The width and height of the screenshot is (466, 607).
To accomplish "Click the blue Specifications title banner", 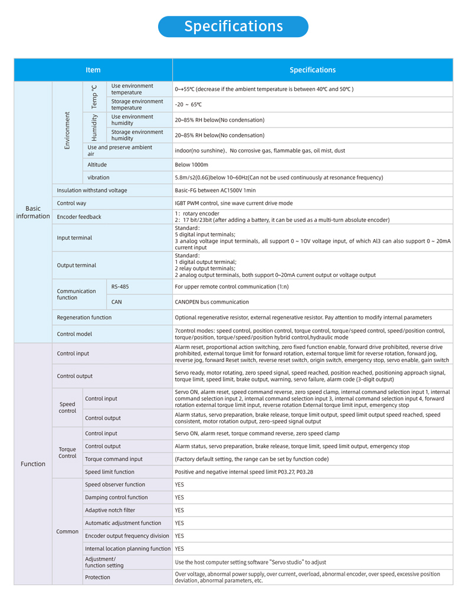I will click(x=233, y=27).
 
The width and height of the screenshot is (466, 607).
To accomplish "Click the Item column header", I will click(x=93, y=70).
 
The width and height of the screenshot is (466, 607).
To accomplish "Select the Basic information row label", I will click(x=33, y=213).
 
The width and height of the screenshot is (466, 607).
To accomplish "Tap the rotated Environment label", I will click(x=67, y=130).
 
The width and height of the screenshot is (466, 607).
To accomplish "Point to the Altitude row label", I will click(x=97, y=165).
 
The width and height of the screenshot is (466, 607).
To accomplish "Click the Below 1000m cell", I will click(x=192, y=165).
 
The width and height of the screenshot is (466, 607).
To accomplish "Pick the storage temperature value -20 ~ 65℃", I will click(x=188, y=105).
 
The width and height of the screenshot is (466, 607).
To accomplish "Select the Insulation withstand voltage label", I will click(x=92, y=190).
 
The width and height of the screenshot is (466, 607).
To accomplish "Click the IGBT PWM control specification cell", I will click(x=234, y=203).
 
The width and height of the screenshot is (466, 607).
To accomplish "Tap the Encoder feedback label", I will click(x=79, y=217).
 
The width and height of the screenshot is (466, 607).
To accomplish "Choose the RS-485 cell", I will click(x=120, y=286).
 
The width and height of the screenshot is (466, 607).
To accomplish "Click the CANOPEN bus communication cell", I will click(x=212, y=302).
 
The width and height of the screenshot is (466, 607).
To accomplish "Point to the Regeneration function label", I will click(x=84, y=318).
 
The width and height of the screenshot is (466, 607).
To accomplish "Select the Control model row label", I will click(x=74, y=334).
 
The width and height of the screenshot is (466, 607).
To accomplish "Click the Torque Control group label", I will click(x=67, y=452).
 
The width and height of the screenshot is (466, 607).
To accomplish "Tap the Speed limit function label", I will click(x=110, y=472).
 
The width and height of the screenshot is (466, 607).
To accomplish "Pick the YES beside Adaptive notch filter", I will click(x=179, y=510).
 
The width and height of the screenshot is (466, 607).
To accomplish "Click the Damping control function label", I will click(x=116, y=497).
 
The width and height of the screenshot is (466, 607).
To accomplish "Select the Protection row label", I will click(x=97, y=577).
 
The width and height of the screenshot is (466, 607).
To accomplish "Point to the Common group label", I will click(x=67, y=531).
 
